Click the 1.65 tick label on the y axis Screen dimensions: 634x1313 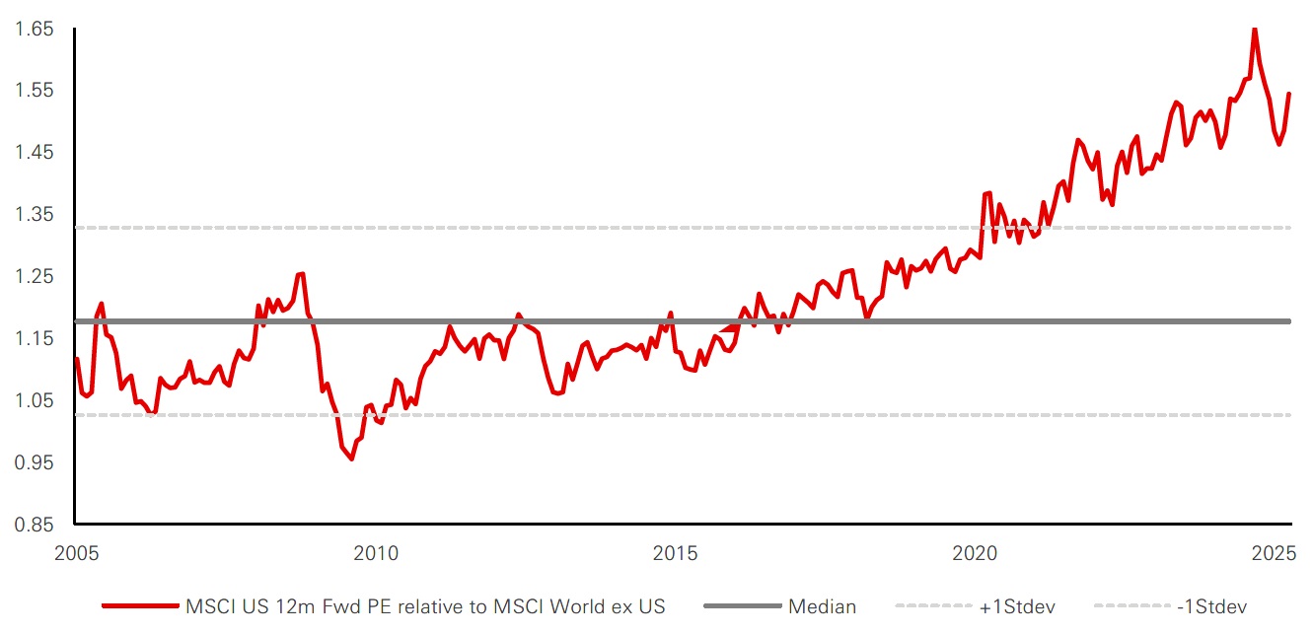point(32,30)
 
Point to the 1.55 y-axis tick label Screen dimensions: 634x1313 point(32,91)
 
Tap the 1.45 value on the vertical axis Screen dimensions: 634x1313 point(32,153)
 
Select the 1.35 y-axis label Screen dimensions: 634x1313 point(32,215)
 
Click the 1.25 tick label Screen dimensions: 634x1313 point(32,277)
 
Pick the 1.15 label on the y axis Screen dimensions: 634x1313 point(32,339)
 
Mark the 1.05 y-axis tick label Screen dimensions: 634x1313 point(32,400)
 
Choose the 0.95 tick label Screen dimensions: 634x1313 point(32,462)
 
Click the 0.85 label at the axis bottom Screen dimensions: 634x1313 point(32,525)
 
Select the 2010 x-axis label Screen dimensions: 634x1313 point(376,553)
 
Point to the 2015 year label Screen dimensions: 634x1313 point(676,553)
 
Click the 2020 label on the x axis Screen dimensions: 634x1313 point(976,553)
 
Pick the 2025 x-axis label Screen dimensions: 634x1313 point(1276,553)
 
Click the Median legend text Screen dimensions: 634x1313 point(822,607)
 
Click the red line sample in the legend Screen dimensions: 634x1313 point(138,607)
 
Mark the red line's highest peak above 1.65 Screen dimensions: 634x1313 point(1254,29)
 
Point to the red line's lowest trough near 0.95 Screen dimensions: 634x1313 point(351,458)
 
